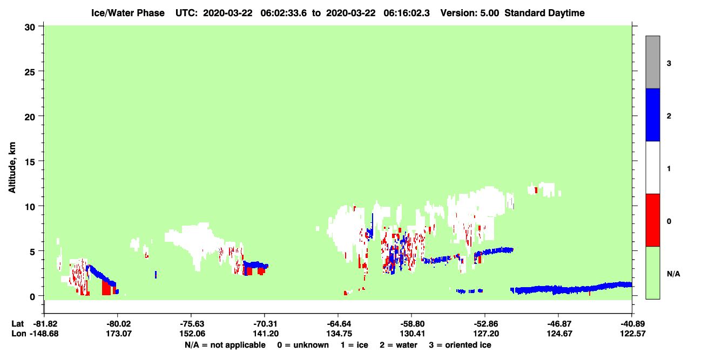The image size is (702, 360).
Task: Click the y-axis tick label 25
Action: pos(30,72)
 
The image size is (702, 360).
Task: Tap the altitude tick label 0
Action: pos(32,297)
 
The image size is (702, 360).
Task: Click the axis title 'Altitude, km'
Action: pos(12,168)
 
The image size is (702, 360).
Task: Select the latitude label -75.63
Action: pos(192,324)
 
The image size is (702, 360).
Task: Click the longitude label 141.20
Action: pos(266,334)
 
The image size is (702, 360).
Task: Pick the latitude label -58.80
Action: pos(412,324)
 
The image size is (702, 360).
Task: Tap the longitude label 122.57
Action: pos(633,334)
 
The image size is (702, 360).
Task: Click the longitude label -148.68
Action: pos(44,334)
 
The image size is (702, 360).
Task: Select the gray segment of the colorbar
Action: pos(653,62)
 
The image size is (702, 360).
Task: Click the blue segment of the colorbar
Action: pos(653,114)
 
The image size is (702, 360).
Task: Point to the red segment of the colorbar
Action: pos(653,220)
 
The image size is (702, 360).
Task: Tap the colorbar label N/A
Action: pos(673,274)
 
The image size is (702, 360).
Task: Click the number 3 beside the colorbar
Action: pos(669,63)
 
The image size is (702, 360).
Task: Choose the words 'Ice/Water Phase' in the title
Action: pos(128,13)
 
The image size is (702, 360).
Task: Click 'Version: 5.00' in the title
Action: pos(470,13)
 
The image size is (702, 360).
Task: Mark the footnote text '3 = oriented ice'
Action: pos(460,345)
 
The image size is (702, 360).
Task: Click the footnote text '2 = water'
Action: pos(399,345)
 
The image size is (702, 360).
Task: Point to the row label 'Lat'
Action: pos(17,324)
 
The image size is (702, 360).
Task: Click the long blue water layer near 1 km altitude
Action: pos(571,289)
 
